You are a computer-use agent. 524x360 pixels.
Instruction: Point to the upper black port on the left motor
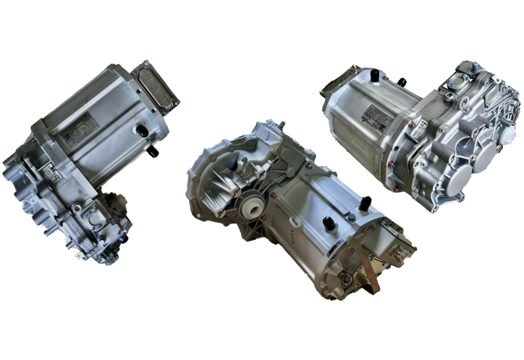tap(140, 130)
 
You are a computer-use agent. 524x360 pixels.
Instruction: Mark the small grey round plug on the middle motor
tap(353, 216)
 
